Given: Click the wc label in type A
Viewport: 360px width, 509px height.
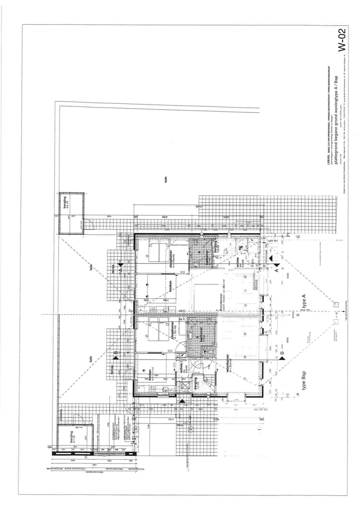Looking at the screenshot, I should pyautogui.click(x=240, y=248).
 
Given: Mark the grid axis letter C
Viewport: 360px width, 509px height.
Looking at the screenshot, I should pyautogui.click(x=298, y=237).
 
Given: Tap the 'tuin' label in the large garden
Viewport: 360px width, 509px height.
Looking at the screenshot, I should pyautogui.click(x=166, y=179).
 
